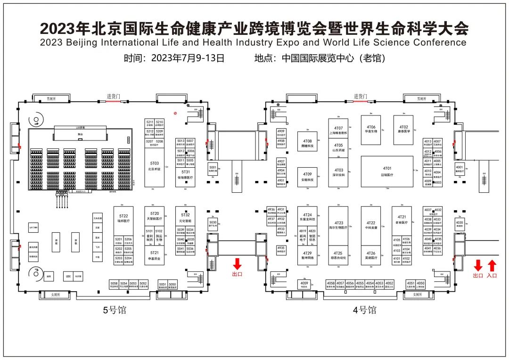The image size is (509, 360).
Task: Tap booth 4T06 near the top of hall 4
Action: (x=371, y=130)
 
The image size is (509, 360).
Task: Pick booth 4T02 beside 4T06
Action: (x=403, y=130)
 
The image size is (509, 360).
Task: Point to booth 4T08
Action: (x=307, y=144)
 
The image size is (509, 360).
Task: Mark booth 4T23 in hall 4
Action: (x=338, y=225)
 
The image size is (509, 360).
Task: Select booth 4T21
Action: (x=402, y=220)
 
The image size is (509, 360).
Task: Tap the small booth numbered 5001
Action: (x=213, y=169)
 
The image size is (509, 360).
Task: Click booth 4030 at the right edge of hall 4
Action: (x=459, y=224)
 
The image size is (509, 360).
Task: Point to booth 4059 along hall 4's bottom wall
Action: (x=304, y=284)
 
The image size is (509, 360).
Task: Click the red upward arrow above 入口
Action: (x=492, y=265)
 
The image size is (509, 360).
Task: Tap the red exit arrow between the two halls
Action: (x=237, y=264)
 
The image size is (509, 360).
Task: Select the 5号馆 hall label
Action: (x=115, y=310)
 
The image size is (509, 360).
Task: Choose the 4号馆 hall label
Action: (x=365, y=310)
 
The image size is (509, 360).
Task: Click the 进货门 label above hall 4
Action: (x=361, y=96)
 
